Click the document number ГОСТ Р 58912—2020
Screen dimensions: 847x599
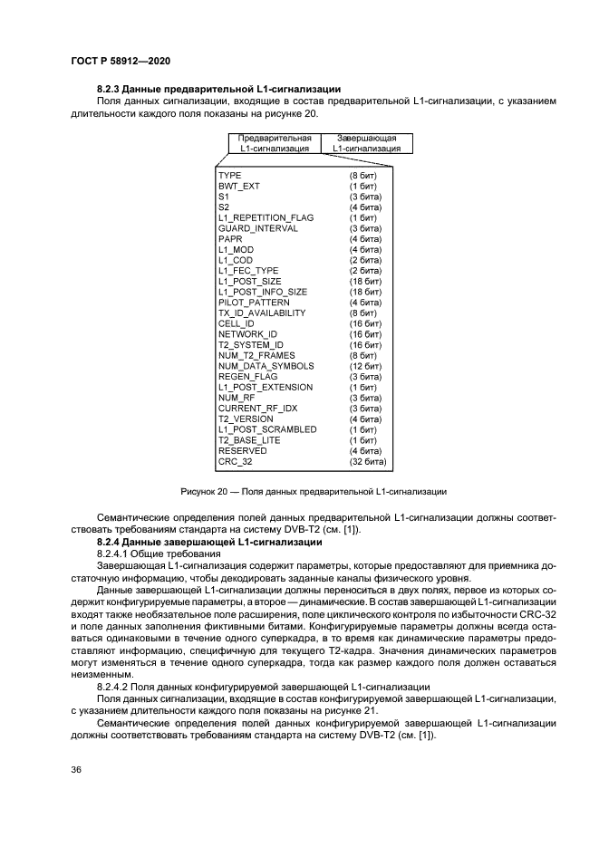pyautogui.click(x=121, y=60)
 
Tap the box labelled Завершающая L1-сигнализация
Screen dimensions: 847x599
pyautogui.click(x=366, y=143)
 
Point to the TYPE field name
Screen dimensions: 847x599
pyautogui.click(x=229, y=175)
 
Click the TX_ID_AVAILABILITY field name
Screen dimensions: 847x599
pyautogui.click(x=262, y=313)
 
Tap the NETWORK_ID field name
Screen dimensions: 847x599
pyautogui.click(x=247, y=334)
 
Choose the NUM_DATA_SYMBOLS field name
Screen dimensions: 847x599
pyautogui.click(x=266, y=366)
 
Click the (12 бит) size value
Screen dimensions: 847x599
pyautogui.click(x=365, y=366)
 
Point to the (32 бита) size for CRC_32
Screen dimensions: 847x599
pyautogui.click(x=368, y=462)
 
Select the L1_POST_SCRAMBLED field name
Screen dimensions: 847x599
pyautogui.click(x=266, y=429)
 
